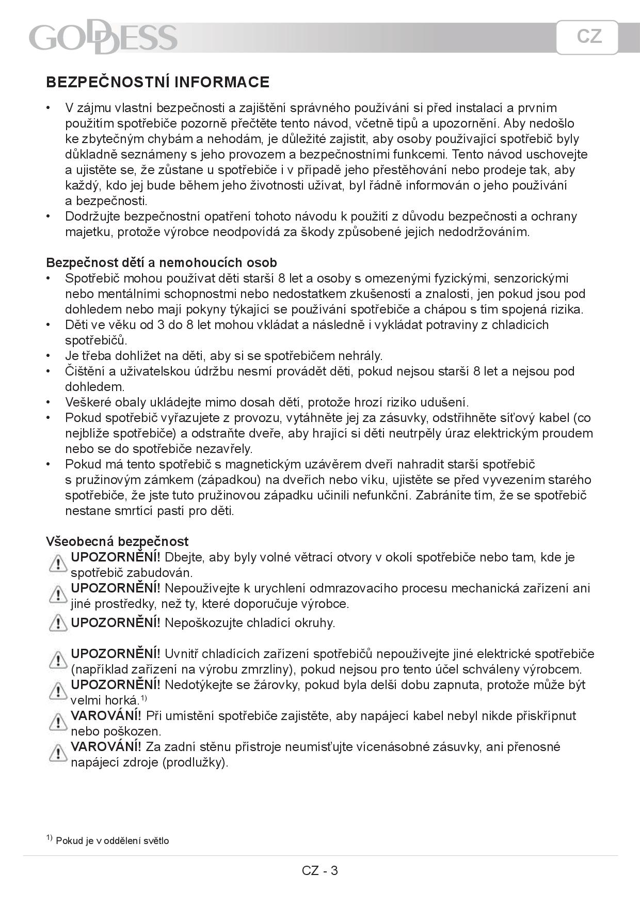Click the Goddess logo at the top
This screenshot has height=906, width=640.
[103, 37]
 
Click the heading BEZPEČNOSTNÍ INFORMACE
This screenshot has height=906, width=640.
[157, 82]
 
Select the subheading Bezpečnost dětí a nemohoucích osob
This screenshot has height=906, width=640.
[162, 262]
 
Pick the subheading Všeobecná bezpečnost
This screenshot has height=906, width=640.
[117, 541]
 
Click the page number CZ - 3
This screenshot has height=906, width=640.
[320, 870]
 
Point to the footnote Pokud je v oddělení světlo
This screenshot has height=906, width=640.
[112, 840]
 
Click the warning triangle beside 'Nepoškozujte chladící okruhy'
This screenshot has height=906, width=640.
[58, 623]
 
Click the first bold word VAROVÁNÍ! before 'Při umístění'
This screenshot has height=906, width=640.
[106, 715]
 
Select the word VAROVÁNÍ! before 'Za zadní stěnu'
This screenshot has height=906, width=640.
[106, 746]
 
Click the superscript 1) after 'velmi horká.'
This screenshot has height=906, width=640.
[144, 698]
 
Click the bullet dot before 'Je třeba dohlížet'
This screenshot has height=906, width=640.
[49, 356]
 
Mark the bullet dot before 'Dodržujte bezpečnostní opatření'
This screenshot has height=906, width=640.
[49, 216]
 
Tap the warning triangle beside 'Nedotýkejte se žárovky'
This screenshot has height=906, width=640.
[58, 691]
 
